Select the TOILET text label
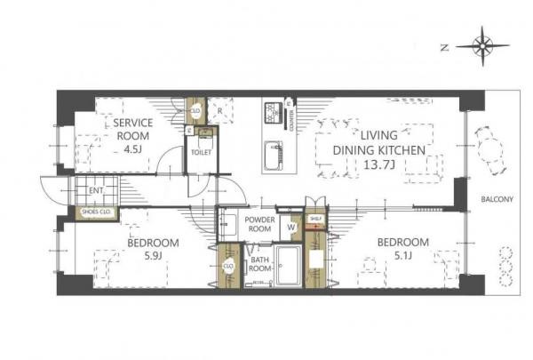pyautogui.click(x=201, y=151)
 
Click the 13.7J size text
pyautogui.click(x=376, y=164)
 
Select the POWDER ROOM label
pyautogui.click(x=259, y=223)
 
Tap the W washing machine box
pyautogui.click(x=291, y=226)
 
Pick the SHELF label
pyautogui.click(x=314, y=218)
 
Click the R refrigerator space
pyautogui.click(x=219, y=112)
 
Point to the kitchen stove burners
pyautogui.click(x=272, y=114)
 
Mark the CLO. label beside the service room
pyautogui.click(x=196, y=113)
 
